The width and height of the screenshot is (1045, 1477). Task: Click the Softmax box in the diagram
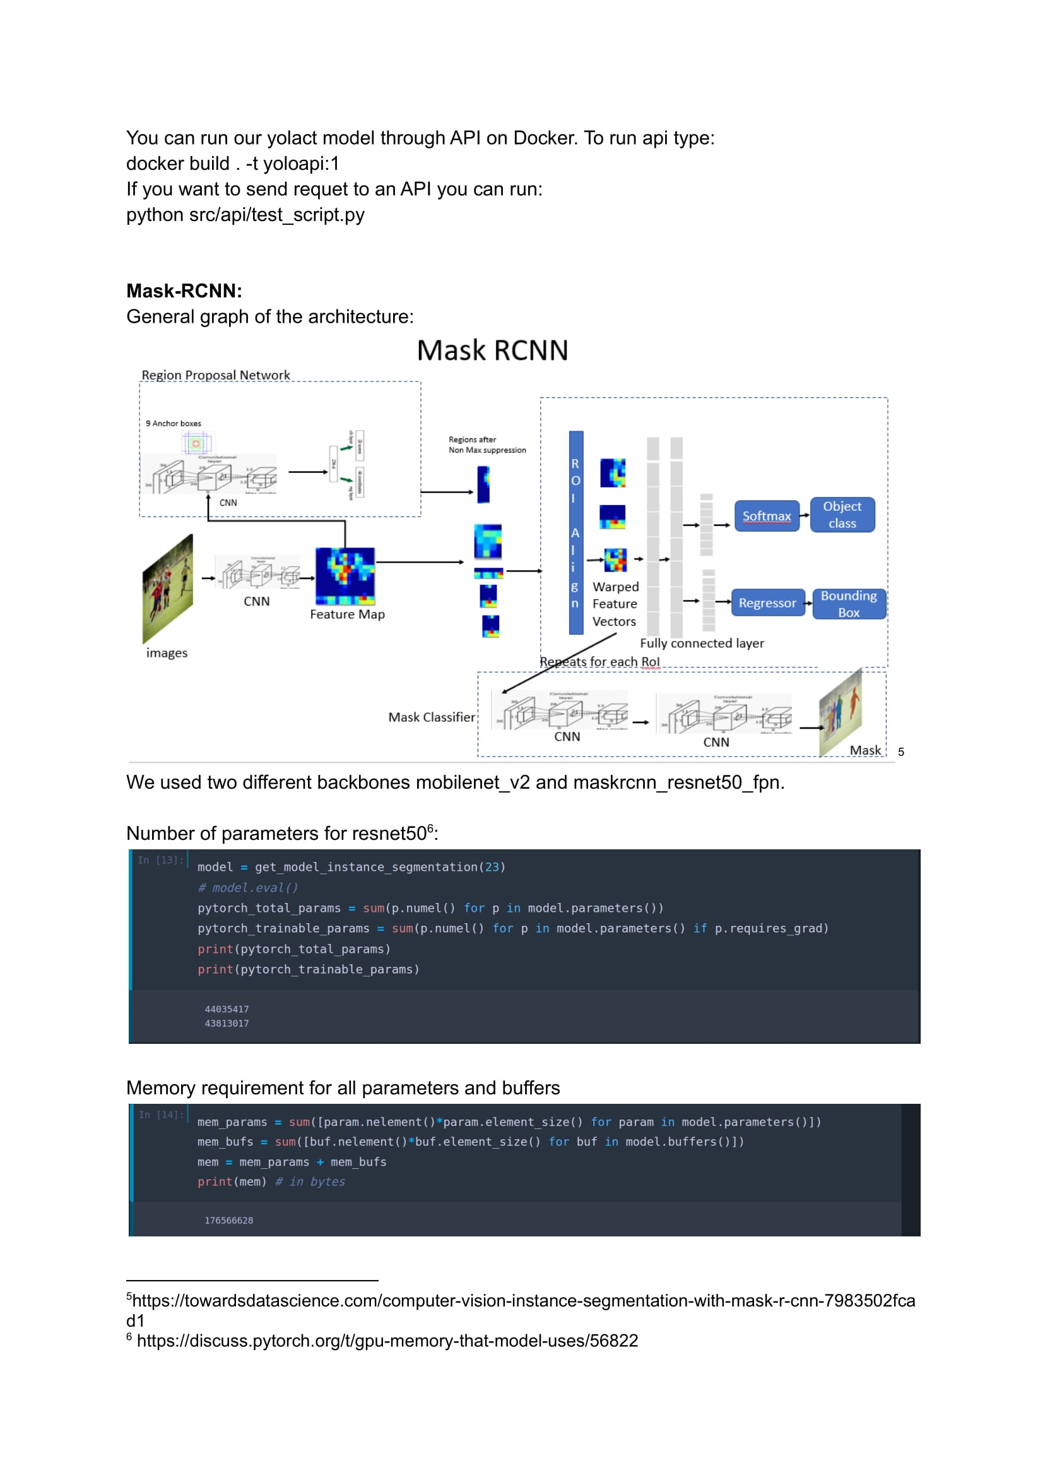766,516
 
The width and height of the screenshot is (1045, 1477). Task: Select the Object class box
842,515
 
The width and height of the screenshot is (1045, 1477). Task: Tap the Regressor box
767,602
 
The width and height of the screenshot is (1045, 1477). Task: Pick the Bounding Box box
848,604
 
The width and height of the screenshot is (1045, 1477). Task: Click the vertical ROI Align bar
576,532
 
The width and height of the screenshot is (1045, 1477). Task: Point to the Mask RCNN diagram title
492,351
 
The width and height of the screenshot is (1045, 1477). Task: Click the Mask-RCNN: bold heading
184,291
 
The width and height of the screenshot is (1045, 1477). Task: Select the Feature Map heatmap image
345,576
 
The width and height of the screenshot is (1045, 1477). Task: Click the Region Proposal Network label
216,374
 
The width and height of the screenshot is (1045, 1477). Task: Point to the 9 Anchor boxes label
173,423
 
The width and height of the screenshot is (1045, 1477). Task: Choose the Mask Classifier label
431,717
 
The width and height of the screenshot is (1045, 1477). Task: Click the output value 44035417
227,1009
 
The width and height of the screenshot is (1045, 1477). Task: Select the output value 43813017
227,1023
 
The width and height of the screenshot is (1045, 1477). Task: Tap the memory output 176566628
228,1220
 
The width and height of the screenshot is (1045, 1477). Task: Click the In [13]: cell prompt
160,860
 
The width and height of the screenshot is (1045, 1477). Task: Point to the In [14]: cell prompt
161,1115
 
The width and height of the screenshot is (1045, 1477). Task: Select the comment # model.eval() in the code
248,888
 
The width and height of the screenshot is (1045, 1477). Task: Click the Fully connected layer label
701,643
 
